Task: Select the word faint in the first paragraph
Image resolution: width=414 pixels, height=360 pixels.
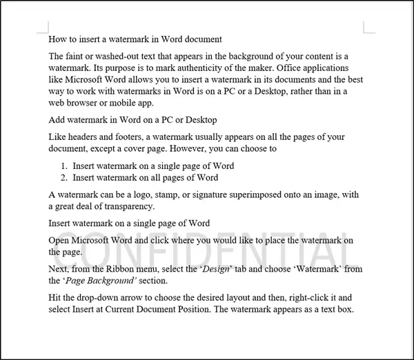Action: tap(77, 55)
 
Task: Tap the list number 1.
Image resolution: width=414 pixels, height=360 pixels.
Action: tap(64, 166)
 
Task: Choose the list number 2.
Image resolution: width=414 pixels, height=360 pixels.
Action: tap(64, 177)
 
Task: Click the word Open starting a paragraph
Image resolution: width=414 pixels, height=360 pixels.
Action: tap(60, 239)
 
